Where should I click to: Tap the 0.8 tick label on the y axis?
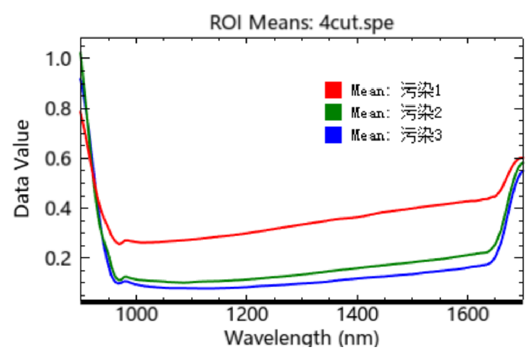click(58, 109)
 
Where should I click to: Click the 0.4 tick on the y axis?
click(58, 209)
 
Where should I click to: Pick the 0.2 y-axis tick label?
click(58, 259)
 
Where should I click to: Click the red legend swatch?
click(333, 90)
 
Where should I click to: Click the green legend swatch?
click(333, 113)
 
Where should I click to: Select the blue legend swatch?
click(333, 135)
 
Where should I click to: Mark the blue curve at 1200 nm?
click(246, 286)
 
